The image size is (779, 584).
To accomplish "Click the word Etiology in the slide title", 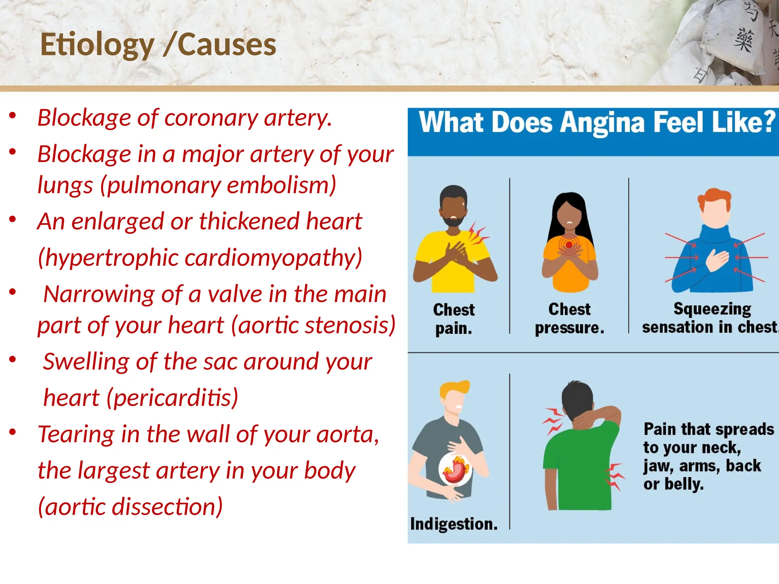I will tap(97, 45).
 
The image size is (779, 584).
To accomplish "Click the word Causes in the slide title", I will tap(227, 45).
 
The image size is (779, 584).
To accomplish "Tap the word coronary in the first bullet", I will tap(211, 118).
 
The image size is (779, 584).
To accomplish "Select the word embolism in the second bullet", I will tap(281, 185).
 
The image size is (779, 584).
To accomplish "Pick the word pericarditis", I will tap(173, 398).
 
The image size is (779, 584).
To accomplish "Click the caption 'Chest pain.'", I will tap(454, 319).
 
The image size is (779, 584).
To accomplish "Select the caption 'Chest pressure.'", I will tap(569, 318).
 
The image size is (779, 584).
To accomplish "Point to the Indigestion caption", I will tap(454, 524).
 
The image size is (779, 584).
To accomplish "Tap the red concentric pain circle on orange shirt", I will tap(569, 245).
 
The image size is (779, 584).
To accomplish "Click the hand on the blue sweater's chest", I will tap(717, 260).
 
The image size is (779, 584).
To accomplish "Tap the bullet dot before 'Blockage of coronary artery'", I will tap(13, 115).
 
